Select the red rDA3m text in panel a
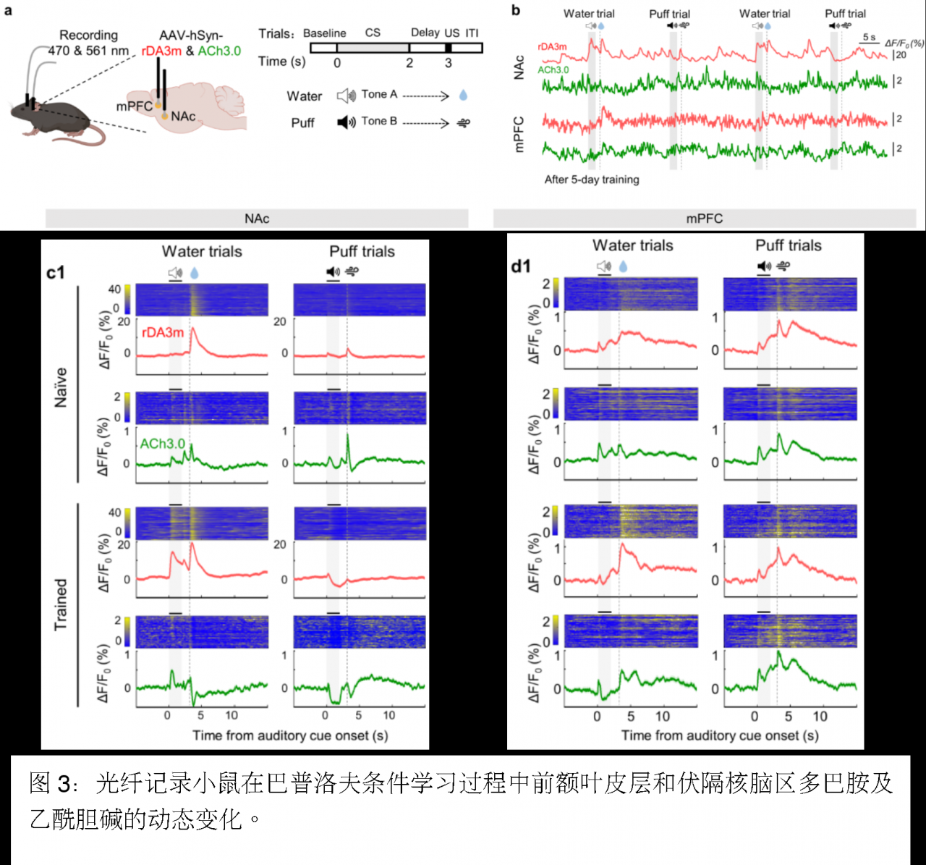[x=161, y=51]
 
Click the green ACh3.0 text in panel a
[x=219, y=51]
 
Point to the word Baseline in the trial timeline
[x=324, y=33]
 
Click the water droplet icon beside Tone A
[x=463, y=95]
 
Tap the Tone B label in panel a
[x=379, y=121]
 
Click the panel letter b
[x=515, y=9]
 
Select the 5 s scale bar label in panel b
[x=869, y=37]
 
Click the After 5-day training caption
[x=592, y=180]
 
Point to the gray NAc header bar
[x=257, y=219]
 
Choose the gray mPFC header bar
[x=704, y=219]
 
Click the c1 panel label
[x=56, y=272]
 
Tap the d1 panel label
[x=521, y=266]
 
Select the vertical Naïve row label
[x=61, y=387]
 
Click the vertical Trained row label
[x=61, y=604]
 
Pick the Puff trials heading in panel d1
[x=789, y=245]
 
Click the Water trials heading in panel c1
[x=202, y=251]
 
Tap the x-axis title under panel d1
[x=720, y=735]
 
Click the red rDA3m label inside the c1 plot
[x=163, y=332]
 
